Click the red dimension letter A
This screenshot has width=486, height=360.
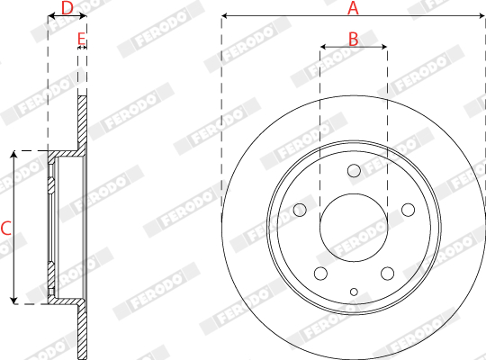(x=353, y=8)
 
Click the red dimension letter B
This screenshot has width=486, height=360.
(x=354, y=40)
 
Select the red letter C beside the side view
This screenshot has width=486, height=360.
(x=6, y=229)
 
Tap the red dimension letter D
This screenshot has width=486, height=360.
(x=67, y=8)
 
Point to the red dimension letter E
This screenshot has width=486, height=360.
(x=81, y=40)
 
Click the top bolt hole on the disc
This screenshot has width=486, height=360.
(x=354, y=170)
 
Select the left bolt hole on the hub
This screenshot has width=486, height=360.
(x=300, y=210)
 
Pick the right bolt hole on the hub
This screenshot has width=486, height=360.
(x=409, y=210)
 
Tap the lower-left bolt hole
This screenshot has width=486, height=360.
(x=320, y=274)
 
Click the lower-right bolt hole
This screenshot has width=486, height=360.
(x=387, y=274)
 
